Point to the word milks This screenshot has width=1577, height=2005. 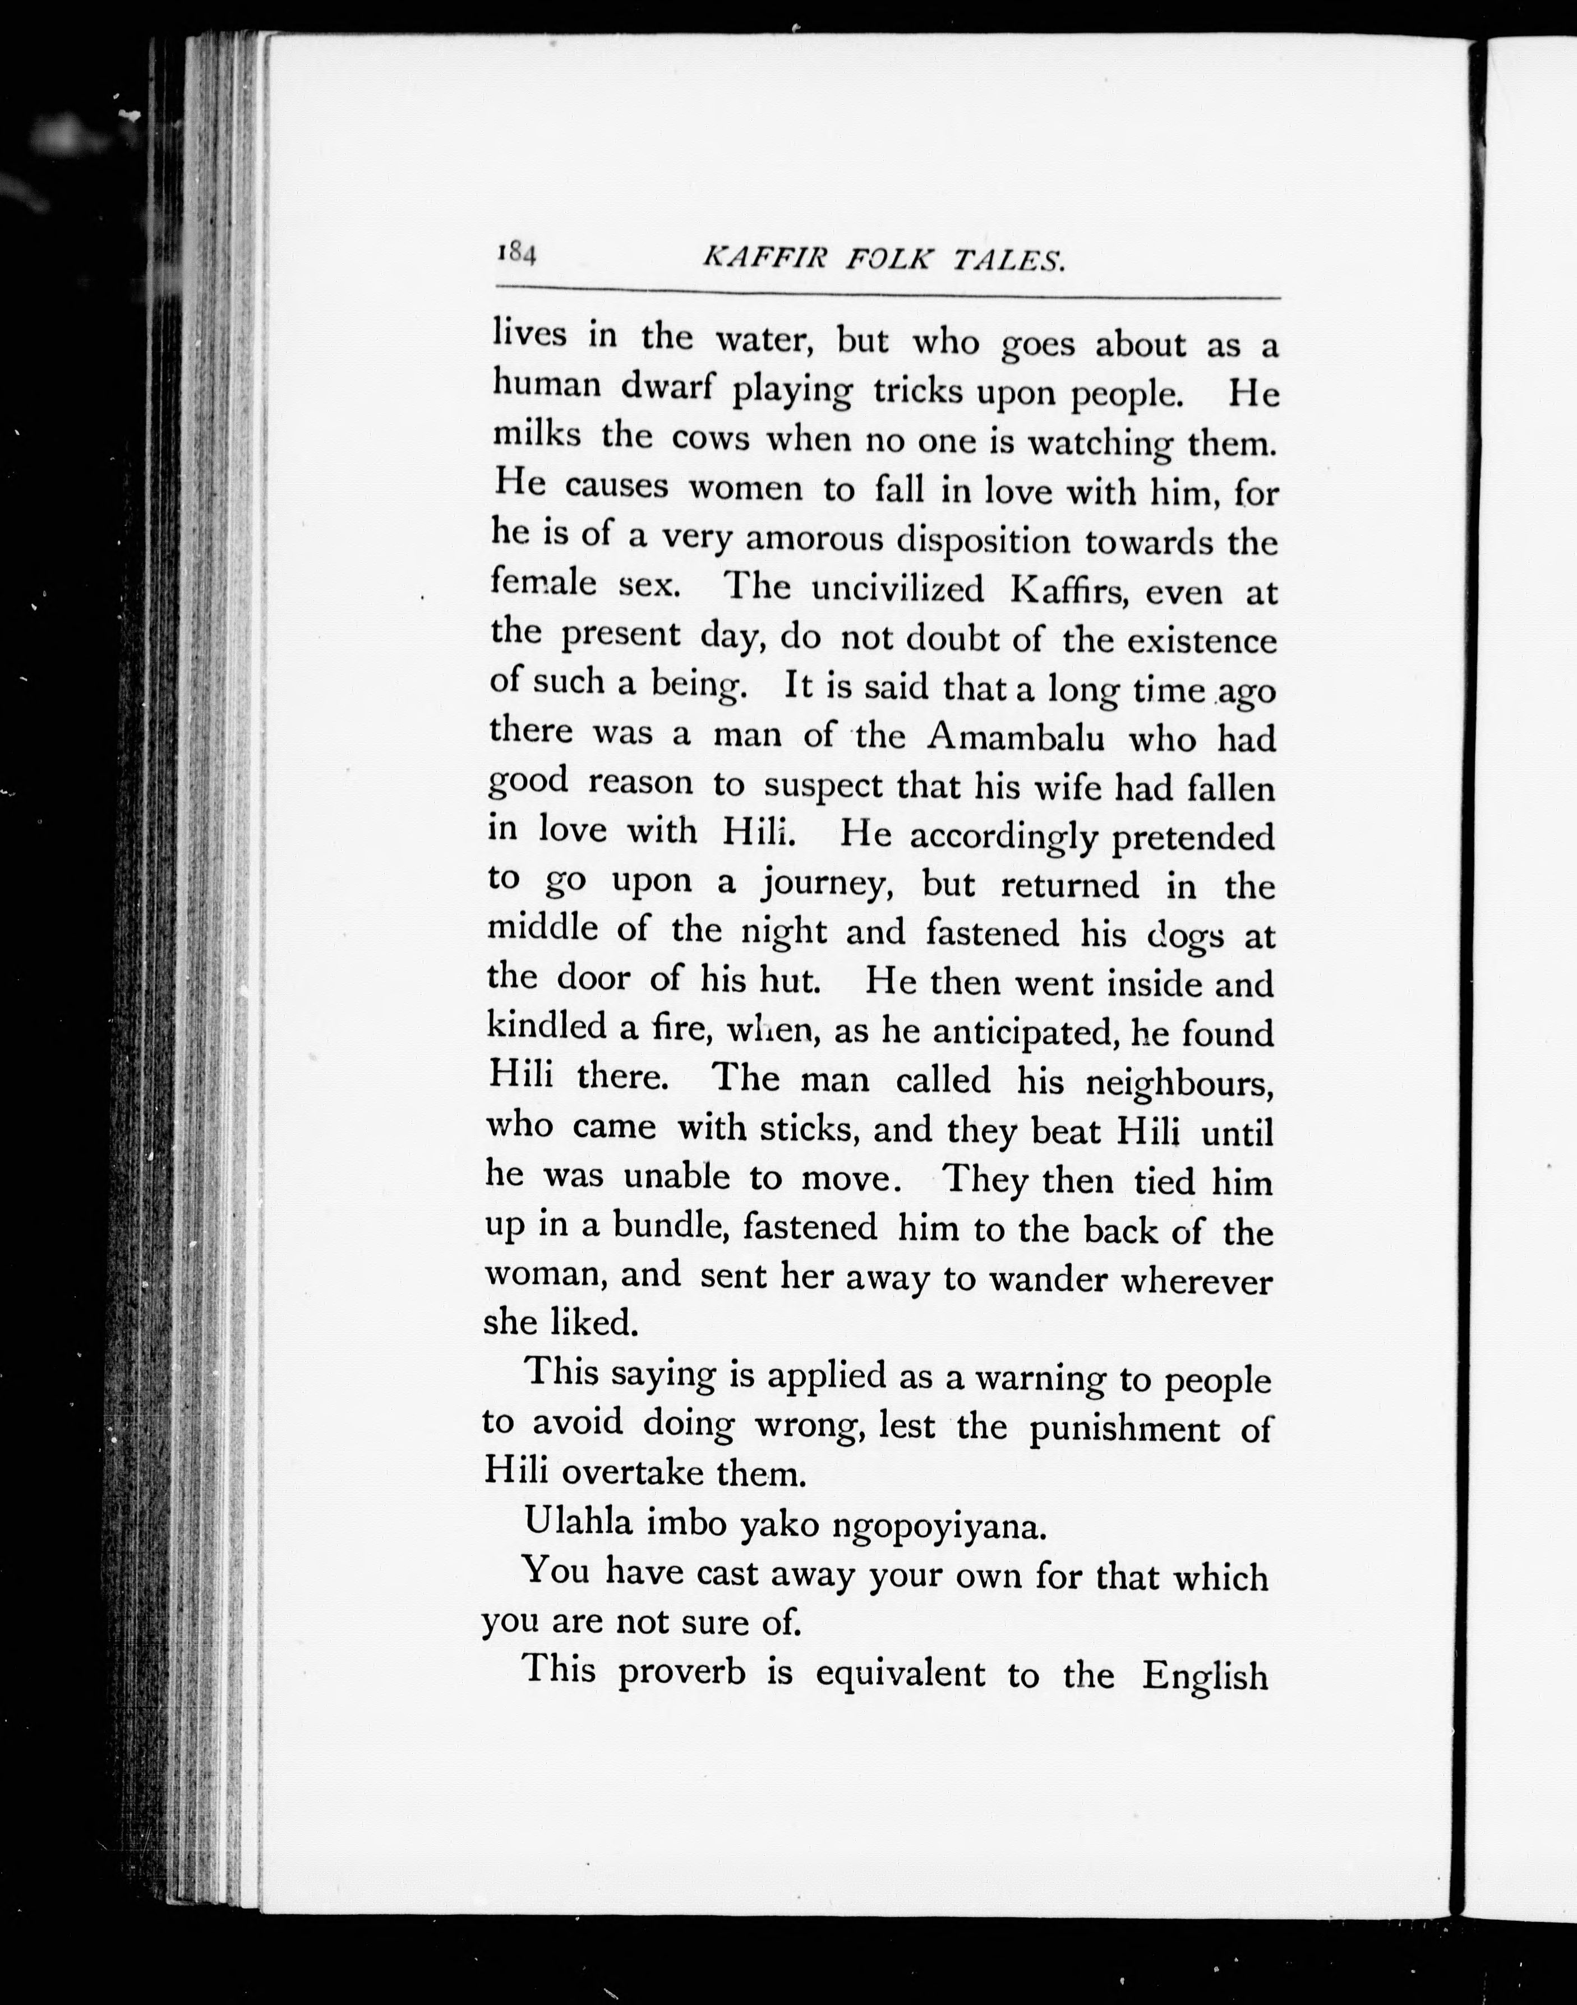[537, 434]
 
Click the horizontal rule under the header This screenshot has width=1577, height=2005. [887, 297]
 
